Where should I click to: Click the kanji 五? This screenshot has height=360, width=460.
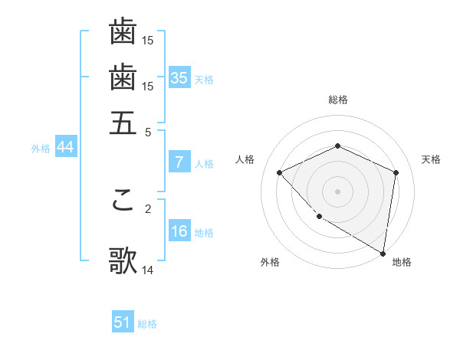[123, 123]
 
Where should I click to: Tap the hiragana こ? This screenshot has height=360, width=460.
[123, 200]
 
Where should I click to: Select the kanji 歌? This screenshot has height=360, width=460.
[123, 260]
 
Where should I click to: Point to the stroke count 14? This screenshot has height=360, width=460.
[148, 270]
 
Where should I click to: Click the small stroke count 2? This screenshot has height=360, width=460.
[148, 208]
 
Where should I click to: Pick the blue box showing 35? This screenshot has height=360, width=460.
[179, 77]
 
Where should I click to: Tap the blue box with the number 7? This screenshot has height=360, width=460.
[179, 162]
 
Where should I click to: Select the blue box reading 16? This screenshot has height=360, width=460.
[179, 231]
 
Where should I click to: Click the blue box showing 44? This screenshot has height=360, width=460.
[65, 147]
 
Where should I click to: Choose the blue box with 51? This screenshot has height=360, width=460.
[123, 322]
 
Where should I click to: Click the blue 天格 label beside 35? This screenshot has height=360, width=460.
[204, 79]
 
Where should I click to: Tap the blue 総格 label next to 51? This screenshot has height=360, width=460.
[147, 324]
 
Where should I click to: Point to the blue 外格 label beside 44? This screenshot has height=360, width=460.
[41, 149]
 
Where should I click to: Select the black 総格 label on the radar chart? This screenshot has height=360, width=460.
[338, 100]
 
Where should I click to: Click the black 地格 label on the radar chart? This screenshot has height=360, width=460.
[402, 262]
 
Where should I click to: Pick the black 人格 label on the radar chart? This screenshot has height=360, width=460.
[245, 159]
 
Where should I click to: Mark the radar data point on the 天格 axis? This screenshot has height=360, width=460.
[396, 172]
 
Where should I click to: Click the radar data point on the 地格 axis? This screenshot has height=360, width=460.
[383, 253]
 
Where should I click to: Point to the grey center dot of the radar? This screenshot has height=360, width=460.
[338, 191]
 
